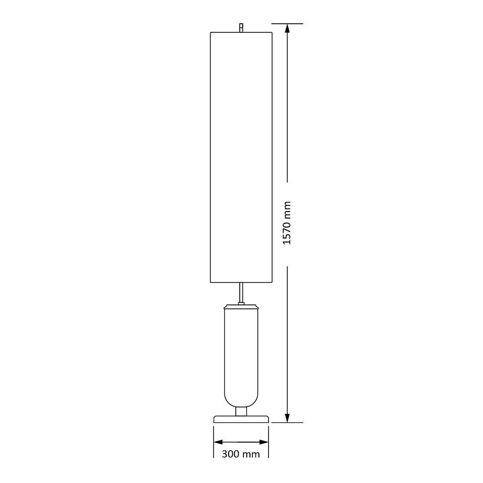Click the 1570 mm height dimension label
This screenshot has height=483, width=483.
click(287, 223)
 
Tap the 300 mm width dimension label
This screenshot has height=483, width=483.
click(241, 454)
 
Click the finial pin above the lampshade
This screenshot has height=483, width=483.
click(241, 28)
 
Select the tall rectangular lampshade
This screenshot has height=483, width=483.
click(241, 157)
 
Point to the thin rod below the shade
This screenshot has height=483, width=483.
click(241, 293)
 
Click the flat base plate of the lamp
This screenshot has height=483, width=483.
click(241, 419)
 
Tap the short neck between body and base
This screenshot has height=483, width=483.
click(241, 411)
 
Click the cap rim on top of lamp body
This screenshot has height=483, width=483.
click(241, 307)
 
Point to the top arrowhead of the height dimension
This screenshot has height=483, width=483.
click(287, 28)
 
